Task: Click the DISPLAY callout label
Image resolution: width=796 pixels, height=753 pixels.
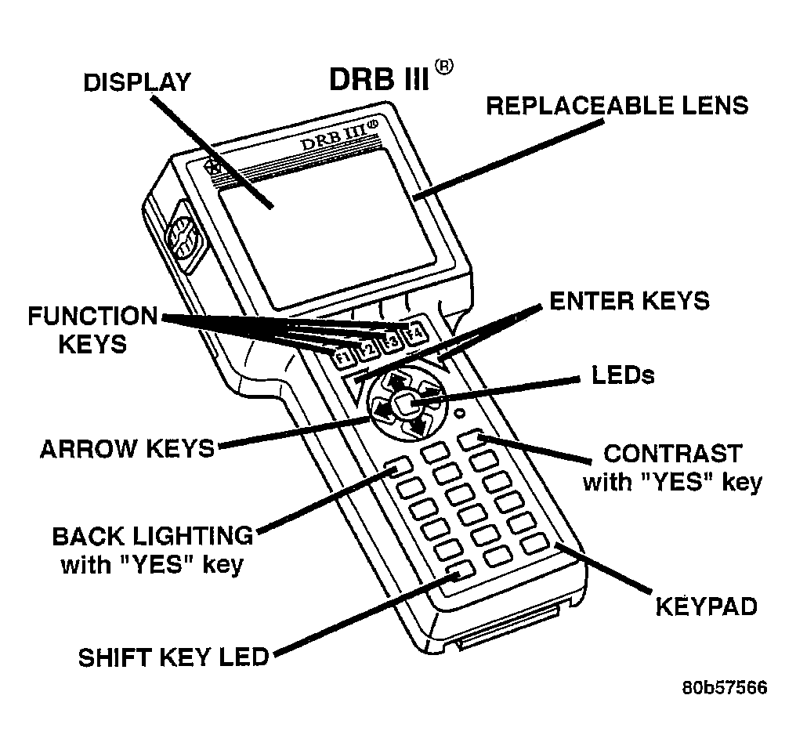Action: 137,81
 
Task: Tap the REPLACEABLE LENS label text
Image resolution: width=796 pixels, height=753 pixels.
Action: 617,106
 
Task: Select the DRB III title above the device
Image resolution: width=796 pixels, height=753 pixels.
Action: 378,79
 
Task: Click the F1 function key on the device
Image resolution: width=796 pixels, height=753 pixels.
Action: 343,358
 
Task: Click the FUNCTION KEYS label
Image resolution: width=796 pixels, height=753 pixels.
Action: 92,330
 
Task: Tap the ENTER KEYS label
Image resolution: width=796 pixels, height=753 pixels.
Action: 629,300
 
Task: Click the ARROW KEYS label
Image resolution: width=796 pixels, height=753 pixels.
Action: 127,448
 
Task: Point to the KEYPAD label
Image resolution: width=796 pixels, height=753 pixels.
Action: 706,606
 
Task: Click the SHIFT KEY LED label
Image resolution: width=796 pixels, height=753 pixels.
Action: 173,657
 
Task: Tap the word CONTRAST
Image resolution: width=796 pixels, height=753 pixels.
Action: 672,454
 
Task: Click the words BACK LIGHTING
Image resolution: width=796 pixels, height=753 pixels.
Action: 153,536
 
